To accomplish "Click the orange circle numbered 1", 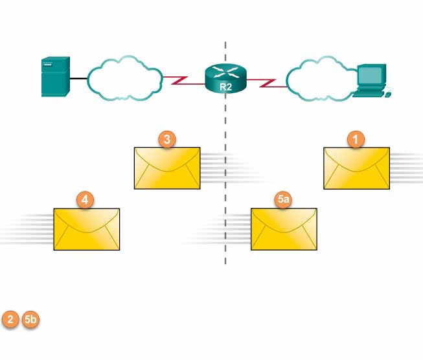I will [356, 139].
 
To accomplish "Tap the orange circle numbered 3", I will [166, 139].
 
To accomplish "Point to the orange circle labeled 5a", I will [282, 200].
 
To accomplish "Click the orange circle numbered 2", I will [11, 319].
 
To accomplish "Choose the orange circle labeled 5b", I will [30, 319].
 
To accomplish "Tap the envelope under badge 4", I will [87, 230].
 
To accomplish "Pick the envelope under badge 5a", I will [284, 230].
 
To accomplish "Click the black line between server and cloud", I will [78, 78].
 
